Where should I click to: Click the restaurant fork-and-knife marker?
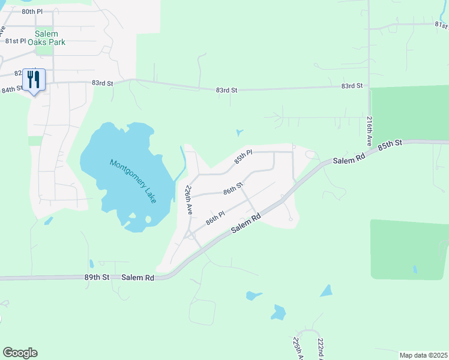(x=34, y=79)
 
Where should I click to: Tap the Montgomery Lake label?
(x=133, y=180)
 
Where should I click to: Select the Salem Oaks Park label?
(x=50, y=38)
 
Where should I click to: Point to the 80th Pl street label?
(x=32, y=11)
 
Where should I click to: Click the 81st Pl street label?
(x=16, y=41)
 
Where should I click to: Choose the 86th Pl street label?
(x=215, y=217)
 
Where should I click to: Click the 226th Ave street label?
(x=188, y=200)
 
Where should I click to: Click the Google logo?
(x=20, y=353)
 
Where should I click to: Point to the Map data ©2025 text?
(x=423, y=355)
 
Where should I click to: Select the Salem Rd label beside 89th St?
(x=137, y=277)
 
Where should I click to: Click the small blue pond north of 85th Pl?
(x=240, y=132)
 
